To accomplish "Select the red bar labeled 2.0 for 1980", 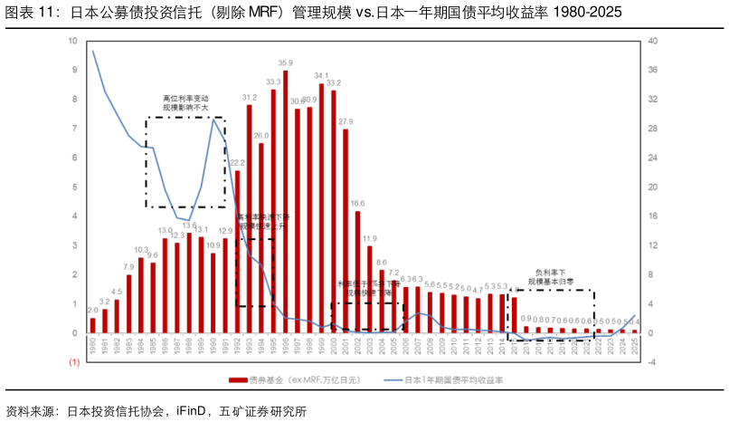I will pyautogui.click(x=93, y=325).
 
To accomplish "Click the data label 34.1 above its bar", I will pyautogui.click(x=321, y=75).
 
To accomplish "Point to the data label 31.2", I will pyautogui.click(x=250, y=97).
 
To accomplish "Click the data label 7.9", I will pyautogui.click(x=128, y=267).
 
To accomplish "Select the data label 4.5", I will pyautogui.click(x=117, y=292).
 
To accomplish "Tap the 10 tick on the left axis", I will pyautogui.click(x=72, y=41).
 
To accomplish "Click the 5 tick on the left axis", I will pyautogui.click(x=74, y=187).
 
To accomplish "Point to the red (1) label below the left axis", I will pyautogui.click(x=74, y=362).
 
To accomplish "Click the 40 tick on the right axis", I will pyautogui.click(x=653, y=41).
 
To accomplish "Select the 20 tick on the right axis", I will pyautogui.click(x=653, y=187).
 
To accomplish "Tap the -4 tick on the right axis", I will pyautogui.click(x=653, y=362).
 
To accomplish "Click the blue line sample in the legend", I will pyautogui.click(x=392, y=381).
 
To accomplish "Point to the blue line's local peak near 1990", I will pyautogui.click(x=213, y=120).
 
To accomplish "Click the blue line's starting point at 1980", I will pyautogui.click(x=93, y=51).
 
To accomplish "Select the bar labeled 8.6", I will pyautogui.click(x=382, y=302).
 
